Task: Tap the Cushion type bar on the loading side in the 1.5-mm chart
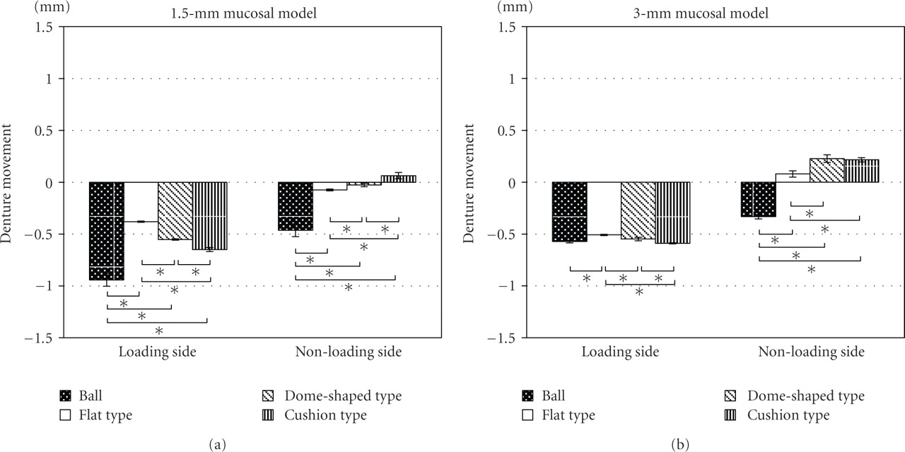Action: [210, 215]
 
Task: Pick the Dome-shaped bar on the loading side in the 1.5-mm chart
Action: [175, 210]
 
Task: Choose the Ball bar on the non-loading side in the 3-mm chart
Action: [758, 199]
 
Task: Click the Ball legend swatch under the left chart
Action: [66, 396]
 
